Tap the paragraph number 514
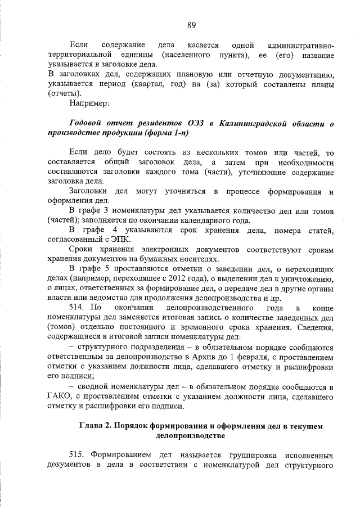tap(76, 308)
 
